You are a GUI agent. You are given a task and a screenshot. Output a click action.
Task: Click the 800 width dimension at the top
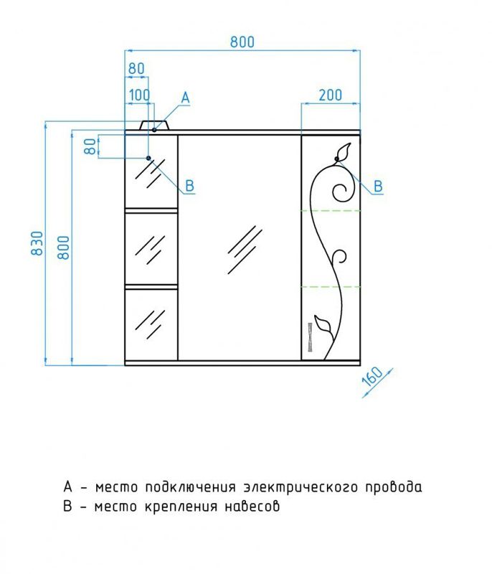[x=242, y=42]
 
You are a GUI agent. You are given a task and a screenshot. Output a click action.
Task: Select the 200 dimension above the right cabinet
[x=331, y=95]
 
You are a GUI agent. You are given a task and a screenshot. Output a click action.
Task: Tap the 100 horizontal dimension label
[x=139, y=95]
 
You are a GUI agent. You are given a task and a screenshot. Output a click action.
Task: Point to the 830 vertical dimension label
[x=37, y=243]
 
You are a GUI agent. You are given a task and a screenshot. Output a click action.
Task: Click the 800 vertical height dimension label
[x=64, y=248]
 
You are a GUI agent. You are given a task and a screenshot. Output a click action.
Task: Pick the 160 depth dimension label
[x=373, y=377]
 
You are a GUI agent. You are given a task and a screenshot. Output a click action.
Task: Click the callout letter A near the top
[x=186, y=98]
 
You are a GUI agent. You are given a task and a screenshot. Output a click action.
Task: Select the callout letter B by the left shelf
[x=189, y=186]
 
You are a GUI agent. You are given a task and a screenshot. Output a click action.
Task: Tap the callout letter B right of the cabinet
[x=378, y=187]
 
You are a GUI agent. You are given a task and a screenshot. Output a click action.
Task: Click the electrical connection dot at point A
[x=154, y=130]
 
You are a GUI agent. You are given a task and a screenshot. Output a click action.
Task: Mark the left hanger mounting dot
[x=148, y=158]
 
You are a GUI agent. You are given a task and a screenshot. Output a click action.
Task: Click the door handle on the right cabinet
[x=310, y=337]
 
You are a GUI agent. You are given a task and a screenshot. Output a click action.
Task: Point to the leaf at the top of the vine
[x=344, y=151]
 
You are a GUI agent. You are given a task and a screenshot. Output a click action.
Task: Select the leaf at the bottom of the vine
[x=323, y=324]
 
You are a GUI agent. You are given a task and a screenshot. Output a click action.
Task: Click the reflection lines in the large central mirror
[x=245, y=250]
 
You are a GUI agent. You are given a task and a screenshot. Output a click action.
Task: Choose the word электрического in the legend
[x=301, y=488]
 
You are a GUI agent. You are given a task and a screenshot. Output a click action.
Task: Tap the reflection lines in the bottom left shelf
[x=150, y=324]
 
